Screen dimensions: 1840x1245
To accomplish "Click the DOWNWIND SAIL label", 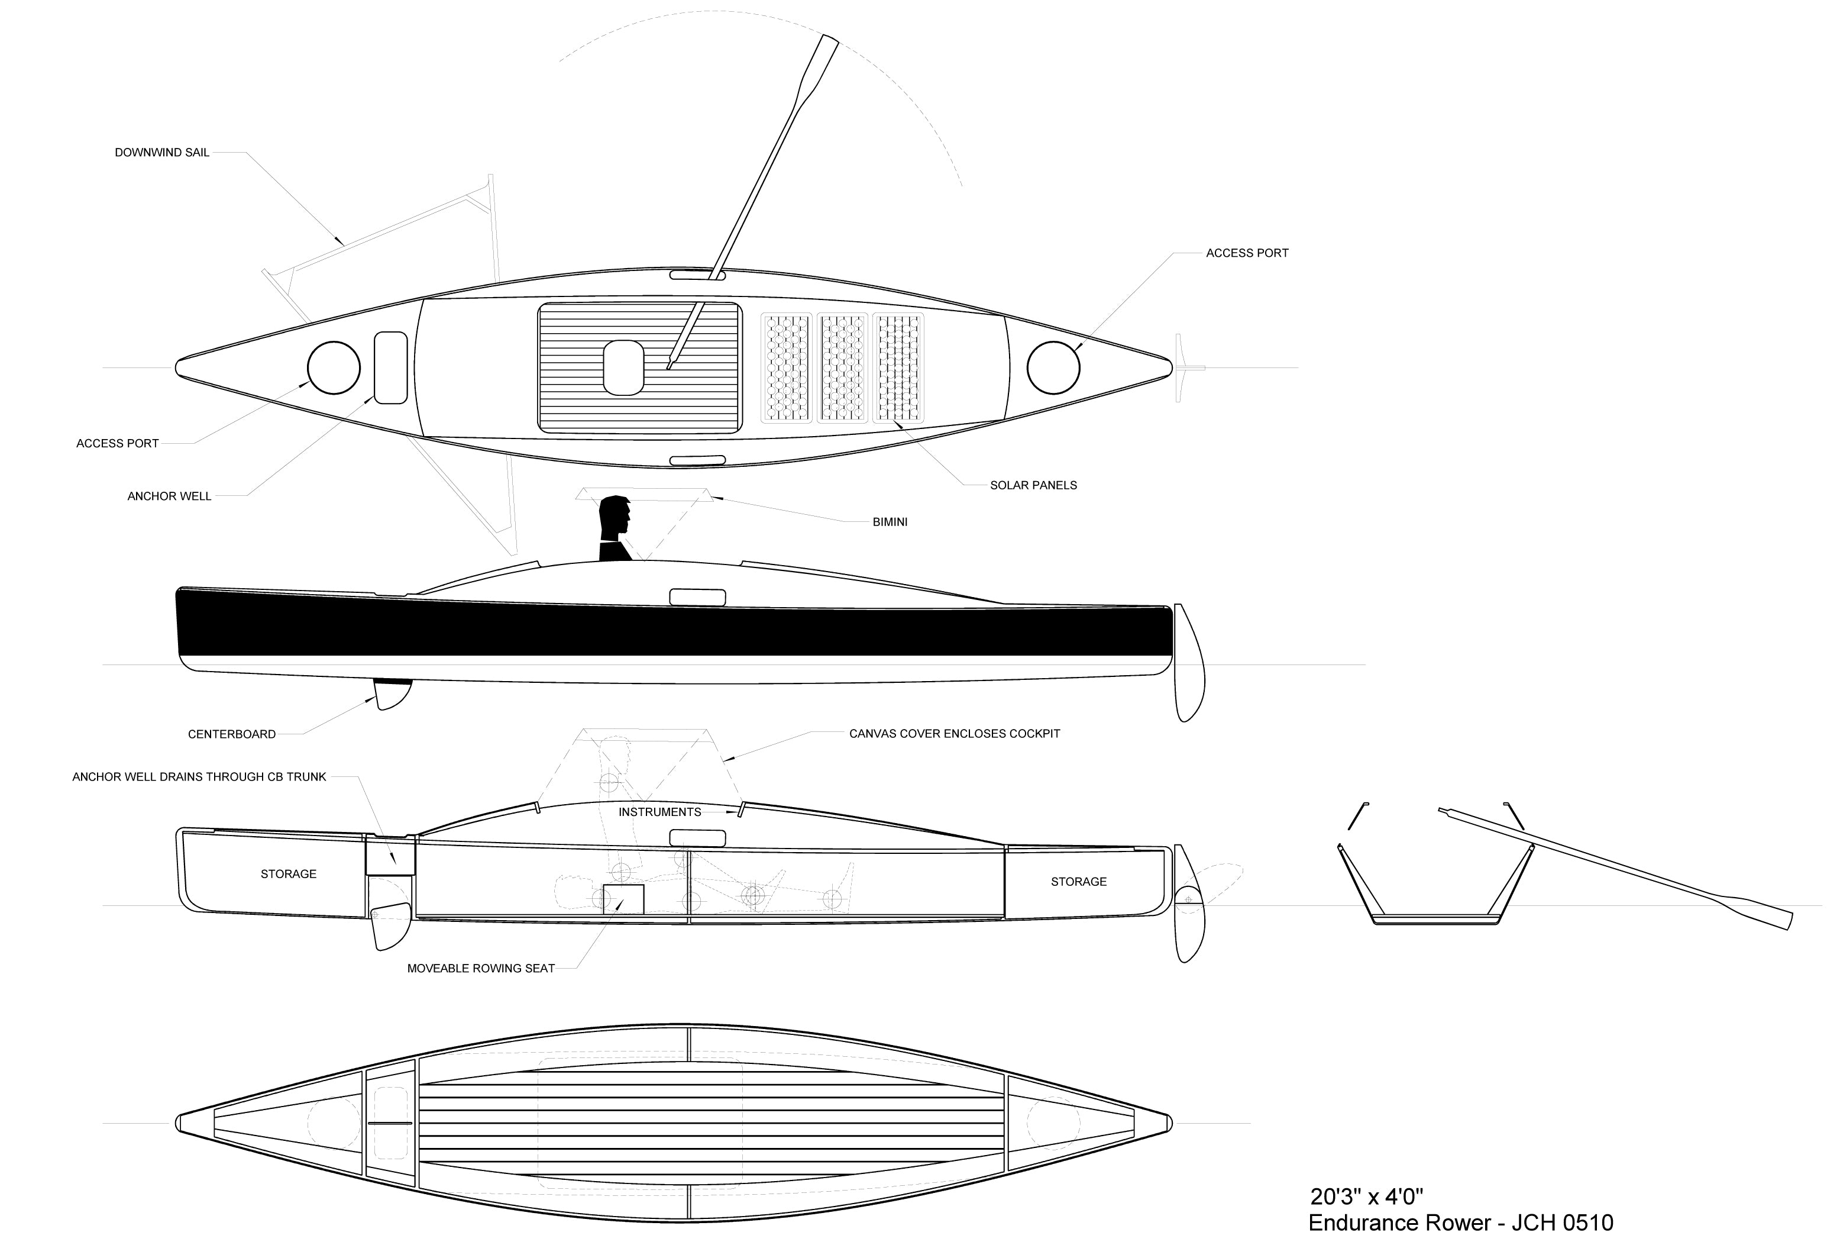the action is click(162, 153).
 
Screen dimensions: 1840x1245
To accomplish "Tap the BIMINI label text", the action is click(890, 522).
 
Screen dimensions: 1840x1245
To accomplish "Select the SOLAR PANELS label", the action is click(1033, 485).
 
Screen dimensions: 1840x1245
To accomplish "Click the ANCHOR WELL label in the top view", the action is click(169, 496).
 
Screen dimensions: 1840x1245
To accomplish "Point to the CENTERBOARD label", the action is click(232, 735).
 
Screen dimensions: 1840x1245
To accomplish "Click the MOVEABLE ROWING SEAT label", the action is click(481, 969).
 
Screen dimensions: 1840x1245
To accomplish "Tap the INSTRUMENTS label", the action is click(659, 812).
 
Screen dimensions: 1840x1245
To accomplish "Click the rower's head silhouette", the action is click(615, 520).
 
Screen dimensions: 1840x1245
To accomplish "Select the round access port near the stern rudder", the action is click(1053, 367).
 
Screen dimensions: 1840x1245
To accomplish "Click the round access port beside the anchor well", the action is click(334, 367).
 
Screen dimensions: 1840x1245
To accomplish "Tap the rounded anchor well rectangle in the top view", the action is click(390, 367).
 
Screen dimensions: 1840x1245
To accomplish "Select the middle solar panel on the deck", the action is click(842, 367).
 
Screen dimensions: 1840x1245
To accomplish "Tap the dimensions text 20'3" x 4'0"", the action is click(1366, 1196).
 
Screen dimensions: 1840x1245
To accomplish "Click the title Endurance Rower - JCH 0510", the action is click(1461, 1224).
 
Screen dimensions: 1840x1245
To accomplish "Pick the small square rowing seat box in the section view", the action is click(624, 899).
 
